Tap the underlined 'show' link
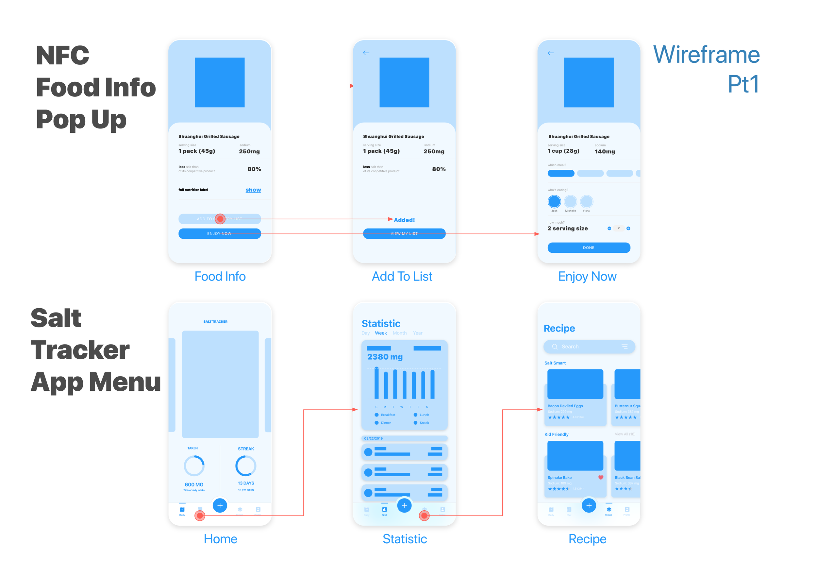pos(253,190)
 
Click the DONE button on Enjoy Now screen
pos(589,248)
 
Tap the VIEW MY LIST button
pos(404,233)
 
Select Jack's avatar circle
pos(554,202)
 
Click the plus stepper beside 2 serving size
pos(628,229)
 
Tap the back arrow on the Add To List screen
pos(366,53)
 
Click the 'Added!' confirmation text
pos(404,220)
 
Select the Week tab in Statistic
pos(380,333)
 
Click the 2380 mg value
pos(385,357)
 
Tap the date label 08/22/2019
pos(373,438)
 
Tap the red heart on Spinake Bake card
pos(601,478)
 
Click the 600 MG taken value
pos(194,484)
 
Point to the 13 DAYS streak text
pos(246,483)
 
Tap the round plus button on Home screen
pos(220,505)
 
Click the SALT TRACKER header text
pos(215,321)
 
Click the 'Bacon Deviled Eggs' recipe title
pos(565,406)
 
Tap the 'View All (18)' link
pos(625,434)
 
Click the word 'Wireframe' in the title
pos(706,55)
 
